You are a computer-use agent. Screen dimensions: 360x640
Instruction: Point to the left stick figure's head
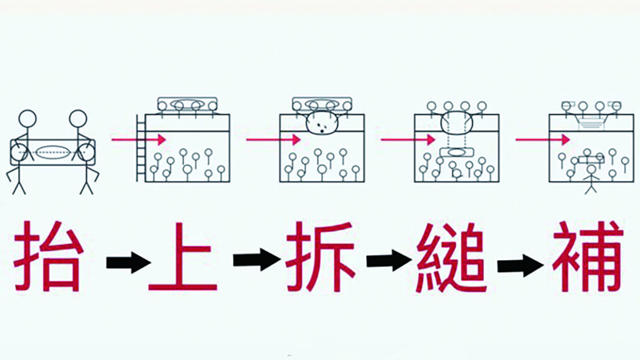click(27, 119)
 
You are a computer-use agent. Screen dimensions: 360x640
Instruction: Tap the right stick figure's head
click(78, 119)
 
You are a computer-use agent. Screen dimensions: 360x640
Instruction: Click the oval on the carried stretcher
click(53, 152)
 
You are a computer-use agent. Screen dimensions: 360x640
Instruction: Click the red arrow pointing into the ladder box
click(138, 139)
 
